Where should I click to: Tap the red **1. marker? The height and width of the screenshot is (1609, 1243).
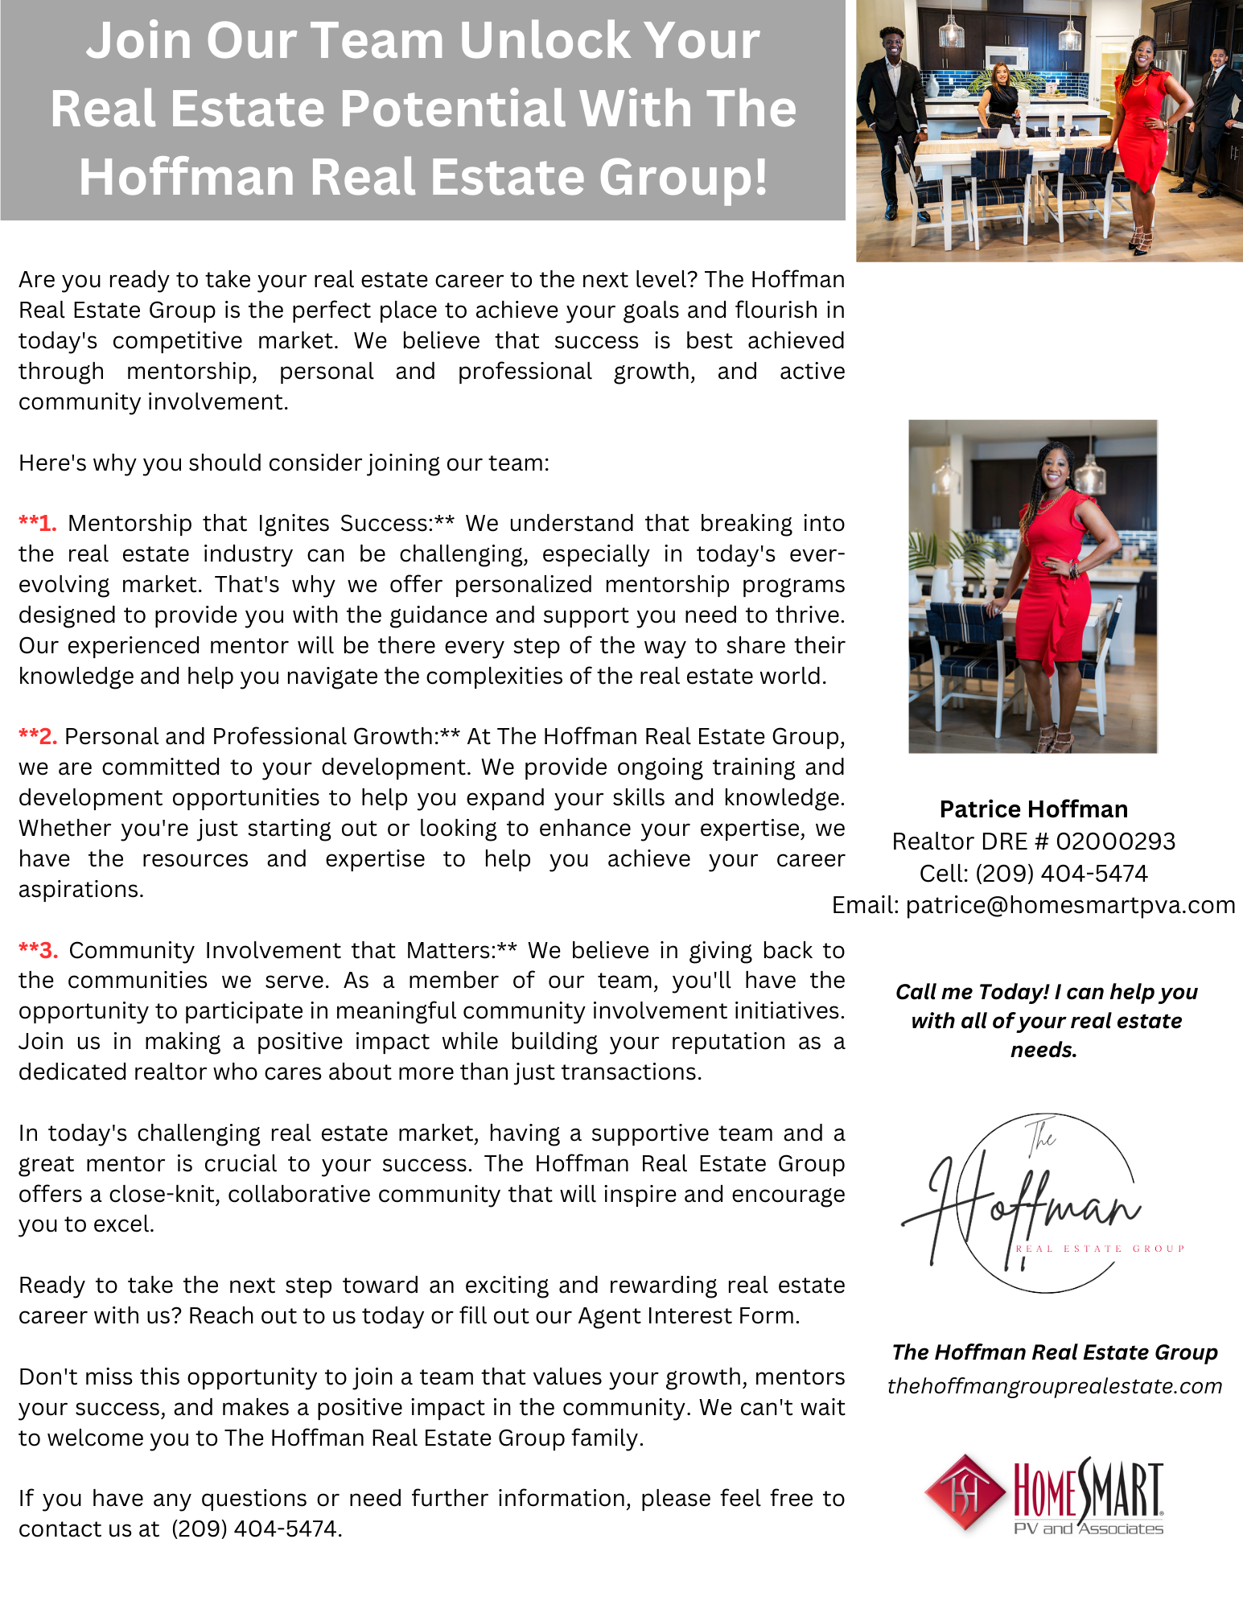pos(38,524)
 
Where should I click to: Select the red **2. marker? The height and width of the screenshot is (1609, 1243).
pos(38,737)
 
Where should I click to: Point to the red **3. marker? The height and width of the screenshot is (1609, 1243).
pos(38,951)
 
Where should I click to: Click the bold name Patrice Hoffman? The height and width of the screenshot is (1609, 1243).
pos(1033,809)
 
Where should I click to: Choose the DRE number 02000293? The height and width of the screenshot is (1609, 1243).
pos(1115,842)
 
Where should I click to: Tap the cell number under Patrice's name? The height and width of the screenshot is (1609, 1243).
pos(1061,874)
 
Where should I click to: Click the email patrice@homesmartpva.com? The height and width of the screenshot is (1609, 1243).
pos(1070,906)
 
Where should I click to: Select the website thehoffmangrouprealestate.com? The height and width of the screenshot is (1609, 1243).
pos(1054,1386)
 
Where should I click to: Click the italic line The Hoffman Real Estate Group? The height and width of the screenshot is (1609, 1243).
pos(1054,1352)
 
